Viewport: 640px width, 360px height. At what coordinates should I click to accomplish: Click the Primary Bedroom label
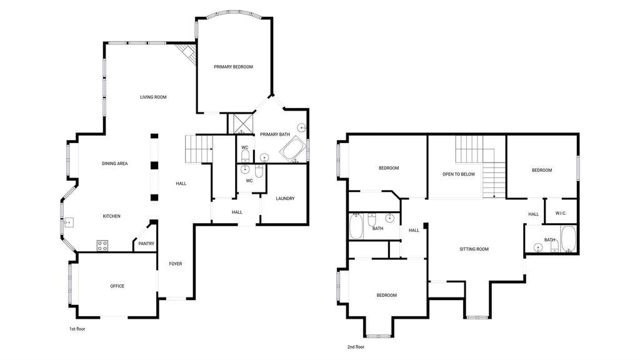coord(234,67)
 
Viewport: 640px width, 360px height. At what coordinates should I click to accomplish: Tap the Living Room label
coord(154,97)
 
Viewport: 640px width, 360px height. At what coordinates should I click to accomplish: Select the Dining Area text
coord(115,164)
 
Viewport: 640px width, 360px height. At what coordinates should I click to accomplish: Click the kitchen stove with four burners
coord(102,246)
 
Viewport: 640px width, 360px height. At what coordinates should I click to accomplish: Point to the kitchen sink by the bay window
coord(69,223)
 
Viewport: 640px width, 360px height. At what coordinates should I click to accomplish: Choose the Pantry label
coord(146,244)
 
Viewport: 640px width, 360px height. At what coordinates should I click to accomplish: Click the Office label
coord(117,286)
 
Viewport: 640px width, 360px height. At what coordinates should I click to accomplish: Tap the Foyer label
coord(176,264)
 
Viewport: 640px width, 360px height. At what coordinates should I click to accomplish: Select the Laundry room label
coord(285,199)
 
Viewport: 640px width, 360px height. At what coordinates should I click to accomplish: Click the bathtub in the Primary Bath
coord(292,150)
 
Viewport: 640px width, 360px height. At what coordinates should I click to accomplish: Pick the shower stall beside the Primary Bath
coord(241,124)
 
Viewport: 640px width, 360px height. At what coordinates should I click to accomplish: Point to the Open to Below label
coord(459,174)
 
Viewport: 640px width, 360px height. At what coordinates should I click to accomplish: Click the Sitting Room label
coord(474,249)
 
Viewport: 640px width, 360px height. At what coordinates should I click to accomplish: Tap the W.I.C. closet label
coord(561,214)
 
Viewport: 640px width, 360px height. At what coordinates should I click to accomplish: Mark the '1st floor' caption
coord(77,329)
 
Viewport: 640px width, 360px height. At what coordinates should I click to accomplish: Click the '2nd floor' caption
coord(356,347)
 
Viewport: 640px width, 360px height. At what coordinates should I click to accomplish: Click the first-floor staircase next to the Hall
coord(199,149)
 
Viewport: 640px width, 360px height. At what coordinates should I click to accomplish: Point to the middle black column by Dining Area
coord(154,165)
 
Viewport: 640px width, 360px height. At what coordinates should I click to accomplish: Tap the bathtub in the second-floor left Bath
coord(356,227)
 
